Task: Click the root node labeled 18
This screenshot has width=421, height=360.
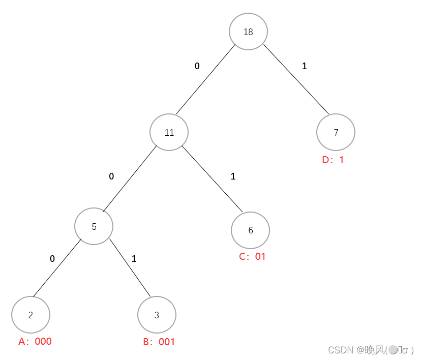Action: point(248,32)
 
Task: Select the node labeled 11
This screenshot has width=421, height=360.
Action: point(169,132)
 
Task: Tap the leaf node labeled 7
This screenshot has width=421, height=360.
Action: point(336,132)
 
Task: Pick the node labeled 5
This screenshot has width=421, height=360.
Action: point(94,226)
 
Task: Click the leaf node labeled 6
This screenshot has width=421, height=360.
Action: point(250,230)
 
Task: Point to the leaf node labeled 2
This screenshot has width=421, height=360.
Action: point(31,315)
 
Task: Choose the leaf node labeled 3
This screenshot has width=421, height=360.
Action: point(157,315)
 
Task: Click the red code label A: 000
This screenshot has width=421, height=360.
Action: point(35,341)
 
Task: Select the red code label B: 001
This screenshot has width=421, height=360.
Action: point(159,342)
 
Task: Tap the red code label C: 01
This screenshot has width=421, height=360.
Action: point(252,256)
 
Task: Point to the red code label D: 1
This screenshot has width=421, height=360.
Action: point(333,160)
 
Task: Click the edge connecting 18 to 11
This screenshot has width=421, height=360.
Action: point(205,79)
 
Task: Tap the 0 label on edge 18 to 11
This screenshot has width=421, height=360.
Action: point(197,66)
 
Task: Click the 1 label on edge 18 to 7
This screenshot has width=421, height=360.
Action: point(305,66)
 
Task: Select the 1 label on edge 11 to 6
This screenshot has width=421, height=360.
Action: point(233,176)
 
